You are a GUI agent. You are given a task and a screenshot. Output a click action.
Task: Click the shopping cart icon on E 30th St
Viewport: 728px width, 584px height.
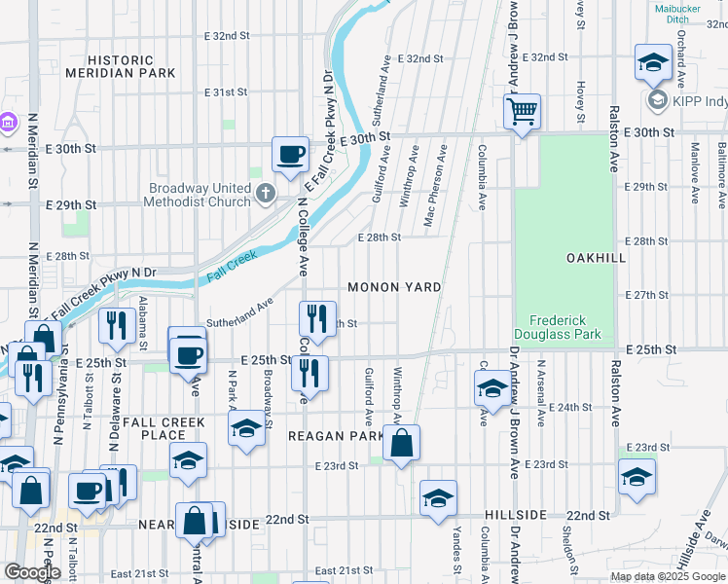click(523, 111)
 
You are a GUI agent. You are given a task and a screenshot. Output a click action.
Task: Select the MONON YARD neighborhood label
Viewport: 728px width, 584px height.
click(395, 287)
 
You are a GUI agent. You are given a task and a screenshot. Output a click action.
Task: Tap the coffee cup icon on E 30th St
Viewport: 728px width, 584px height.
click(290, 154)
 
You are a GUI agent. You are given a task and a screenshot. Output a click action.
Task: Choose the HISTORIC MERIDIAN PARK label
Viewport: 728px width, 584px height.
click(121, 66)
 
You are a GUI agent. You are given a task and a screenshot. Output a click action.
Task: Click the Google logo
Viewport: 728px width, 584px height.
click(32, 572)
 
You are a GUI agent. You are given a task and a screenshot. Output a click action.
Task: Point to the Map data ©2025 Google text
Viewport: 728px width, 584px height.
click(669, 576)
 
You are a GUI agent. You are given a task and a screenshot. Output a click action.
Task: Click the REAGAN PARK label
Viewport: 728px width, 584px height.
click(337, 436)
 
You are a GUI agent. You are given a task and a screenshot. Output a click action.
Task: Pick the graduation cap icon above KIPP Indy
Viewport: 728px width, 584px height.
click(651, 63)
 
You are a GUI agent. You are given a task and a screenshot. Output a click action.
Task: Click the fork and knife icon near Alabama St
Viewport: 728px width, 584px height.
click(117, 324)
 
